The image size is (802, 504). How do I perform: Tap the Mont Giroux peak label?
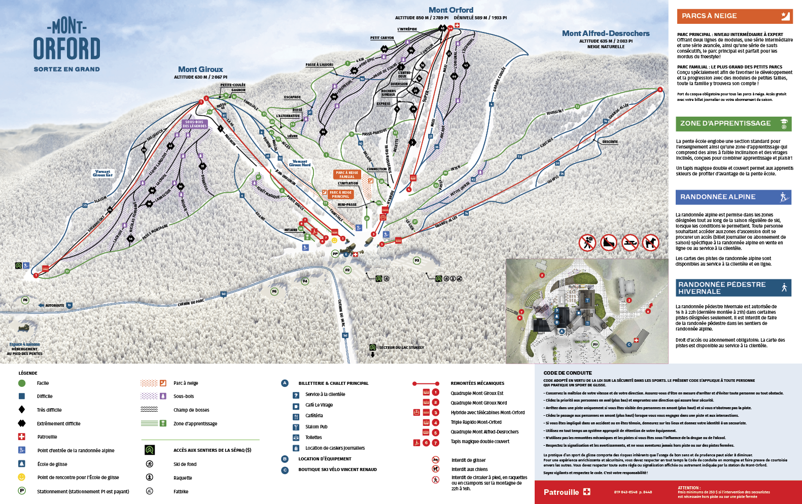[200, 69]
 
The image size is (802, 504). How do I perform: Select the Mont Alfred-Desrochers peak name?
[606, 33]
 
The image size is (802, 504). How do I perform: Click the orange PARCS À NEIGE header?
[734, 16]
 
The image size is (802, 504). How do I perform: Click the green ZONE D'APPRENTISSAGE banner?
[733, 124]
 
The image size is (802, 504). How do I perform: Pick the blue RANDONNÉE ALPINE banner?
[733, 197]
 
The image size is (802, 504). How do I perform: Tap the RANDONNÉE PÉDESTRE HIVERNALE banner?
[733, 288]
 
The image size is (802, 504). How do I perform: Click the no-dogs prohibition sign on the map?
[650, 243]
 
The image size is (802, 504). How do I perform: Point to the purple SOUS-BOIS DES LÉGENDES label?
[195, 124]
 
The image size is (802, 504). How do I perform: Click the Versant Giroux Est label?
[102, 173]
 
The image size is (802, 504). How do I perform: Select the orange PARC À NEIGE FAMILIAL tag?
[347, 175]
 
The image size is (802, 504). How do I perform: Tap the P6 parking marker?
[25, 300]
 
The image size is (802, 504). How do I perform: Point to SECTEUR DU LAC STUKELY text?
[401, 347]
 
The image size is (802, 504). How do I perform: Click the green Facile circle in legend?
[22, 383]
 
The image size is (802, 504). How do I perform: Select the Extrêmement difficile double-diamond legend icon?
[22, 423]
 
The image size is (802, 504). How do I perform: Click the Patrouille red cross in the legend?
[22, 437]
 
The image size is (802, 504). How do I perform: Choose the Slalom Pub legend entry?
[316, 427]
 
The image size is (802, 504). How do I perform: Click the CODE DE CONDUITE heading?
[567, 373]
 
